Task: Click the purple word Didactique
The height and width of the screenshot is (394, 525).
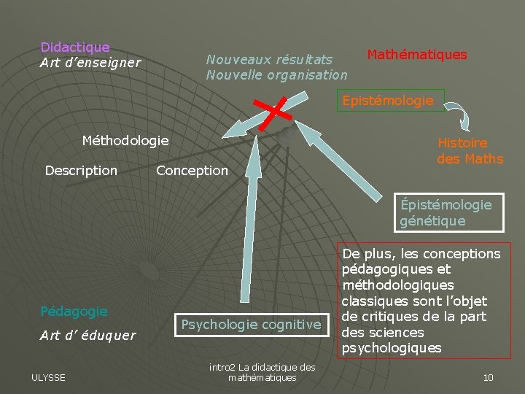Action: pos(75,47)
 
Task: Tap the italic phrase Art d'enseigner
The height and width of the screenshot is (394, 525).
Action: pos(90,63)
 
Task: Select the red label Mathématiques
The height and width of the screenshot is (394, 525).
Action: pos(416,55)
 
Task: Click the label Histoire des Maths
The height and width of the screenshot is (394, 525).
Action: pos(470,151)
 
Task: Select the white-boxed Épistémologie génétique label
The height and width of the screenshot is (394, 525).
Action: pos(445,212)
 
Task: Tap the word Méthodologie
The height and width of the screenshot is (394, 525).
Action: pos(125,140)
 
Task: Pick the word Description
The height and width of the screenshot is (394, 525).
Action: pos(81,171)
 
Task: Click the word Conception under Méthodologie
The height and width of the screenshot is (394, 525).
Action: pos(192,171)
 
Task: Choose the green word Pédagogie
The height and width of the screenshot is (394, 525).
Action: pos(74,312)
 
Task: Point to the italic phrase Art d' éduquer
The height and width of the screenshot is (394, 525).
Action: pos(87,336)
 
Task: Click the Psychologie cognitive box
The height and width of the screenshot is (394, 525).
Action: pos(251,324)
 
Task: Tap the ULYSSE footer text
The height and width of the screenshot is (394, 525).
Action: pos(48,377)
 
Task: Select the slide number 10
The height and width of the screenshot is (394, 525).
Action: pos(488,377)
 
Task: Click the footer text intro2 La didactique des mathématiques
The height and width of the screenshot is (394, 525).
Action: pos(262,372)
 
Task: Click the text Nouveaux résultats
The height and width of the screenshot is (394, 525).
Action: pos(269,59)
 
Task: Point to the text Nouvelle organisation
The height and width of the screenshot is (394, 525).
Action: pos(276,74)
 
